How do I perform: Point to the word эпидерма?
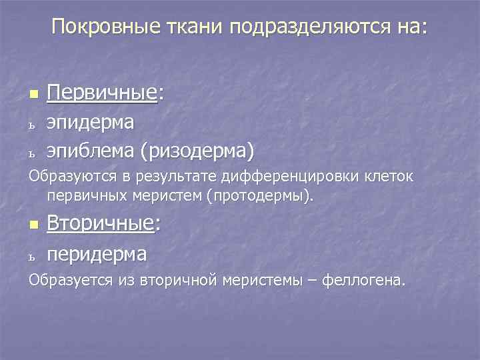90,122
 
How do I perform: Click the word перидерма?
97,253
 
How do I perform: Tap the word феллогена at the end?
363,280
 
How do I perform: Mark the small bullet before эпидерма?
31,124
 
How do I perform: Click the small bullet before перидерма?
31,255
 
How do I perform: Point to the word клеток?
389,177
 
